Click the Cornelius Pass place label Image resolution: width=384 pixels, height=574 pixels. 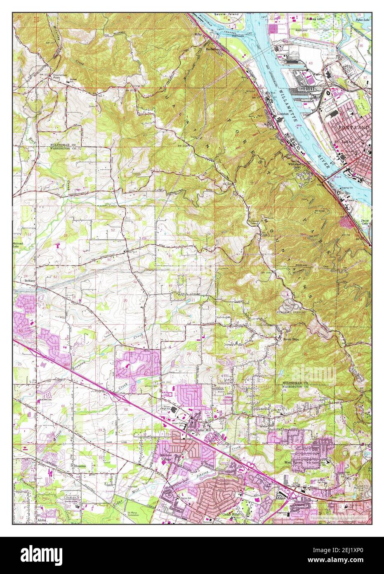pos(61,77)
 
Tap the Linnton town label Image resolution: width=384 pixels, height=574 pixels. pos(283,112)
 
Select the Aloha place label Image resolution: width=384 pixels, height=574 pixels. pos(40,520)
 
